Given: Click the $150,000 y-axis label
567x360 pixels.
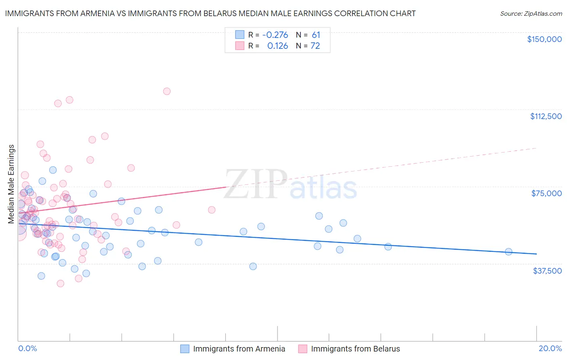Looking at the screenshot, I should tap(544, 39).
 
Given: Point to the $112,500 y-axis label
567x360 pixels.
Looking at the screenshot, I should tap(546, 116).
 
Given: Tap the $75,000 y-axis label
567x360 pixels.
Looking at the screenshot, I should tap(546, 193).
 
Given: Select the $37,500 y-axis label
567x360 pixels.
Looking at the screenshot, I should tap(547, 271).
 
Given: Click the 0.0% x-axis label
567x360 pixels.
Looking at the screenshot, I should tap(27, 348).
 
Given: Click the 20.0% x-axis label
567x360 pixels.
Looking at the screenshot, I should tap(550, 348).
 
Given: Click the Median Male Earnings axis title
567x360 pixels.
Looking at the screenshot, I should tap(11, 184).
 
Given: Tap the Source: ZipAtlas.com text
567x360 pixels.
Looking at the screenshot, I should tap(531, 14).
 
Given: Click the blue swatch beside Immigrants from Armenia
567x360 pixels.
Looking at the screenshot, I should tap(185, 349).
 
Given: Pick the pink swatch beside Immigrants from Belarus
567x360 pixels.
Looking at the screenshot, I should tap(302, 349).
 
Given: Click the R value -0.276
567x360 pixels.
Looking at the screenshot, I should tap(275, 35).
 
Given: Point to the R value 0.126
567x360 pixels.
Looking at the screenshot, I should tap(277, 46).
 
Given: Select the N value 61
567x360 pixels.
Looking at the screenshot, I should tap(316, 35).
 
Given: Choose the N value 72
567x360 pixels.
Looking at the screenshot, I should tap(315, 46).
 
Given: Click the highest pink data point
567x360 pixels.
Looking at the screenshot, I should tap(167, 91).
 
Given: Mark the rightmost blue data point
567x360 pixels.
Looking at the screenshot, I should tap(509, 252).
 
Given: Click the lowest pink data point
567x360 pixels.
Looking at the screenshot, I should tap(60, 283).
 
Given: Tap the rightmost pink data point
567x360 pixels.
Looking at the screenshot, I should tap(211, 210).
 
